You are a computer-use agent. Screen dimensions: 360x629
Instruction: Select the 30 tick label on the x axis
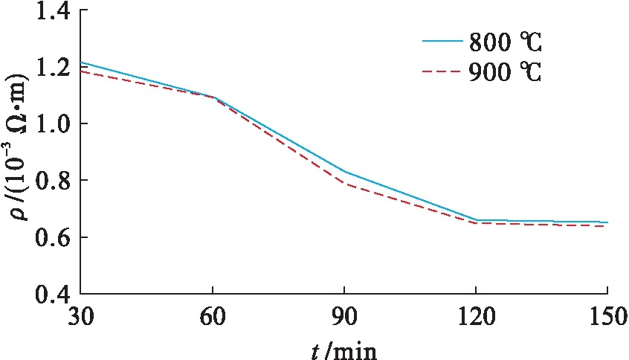click(x=81, y=316)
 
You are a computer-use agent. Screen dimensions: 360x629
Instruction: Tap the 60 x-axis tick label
click(x=213, y=316)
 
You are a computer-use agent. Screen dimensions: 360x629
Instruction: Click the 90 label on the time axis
click(x=344, y=316)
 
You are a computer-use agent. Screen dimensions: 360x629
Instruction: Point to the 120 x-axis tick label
click(x=476, y=316)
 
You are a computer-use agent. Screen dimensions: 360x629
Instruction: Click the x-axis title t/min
click(x=344, y=347)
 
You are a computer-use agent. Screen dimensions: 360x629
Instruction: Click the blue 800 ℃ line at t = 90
click(x=344, y=172)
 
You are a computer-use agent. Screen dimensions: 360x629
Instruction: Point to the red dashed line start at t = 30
click(x=82, y=71)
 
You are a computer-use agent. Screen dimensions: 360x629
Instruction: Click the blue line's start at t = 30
click(x=82, y=62)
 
